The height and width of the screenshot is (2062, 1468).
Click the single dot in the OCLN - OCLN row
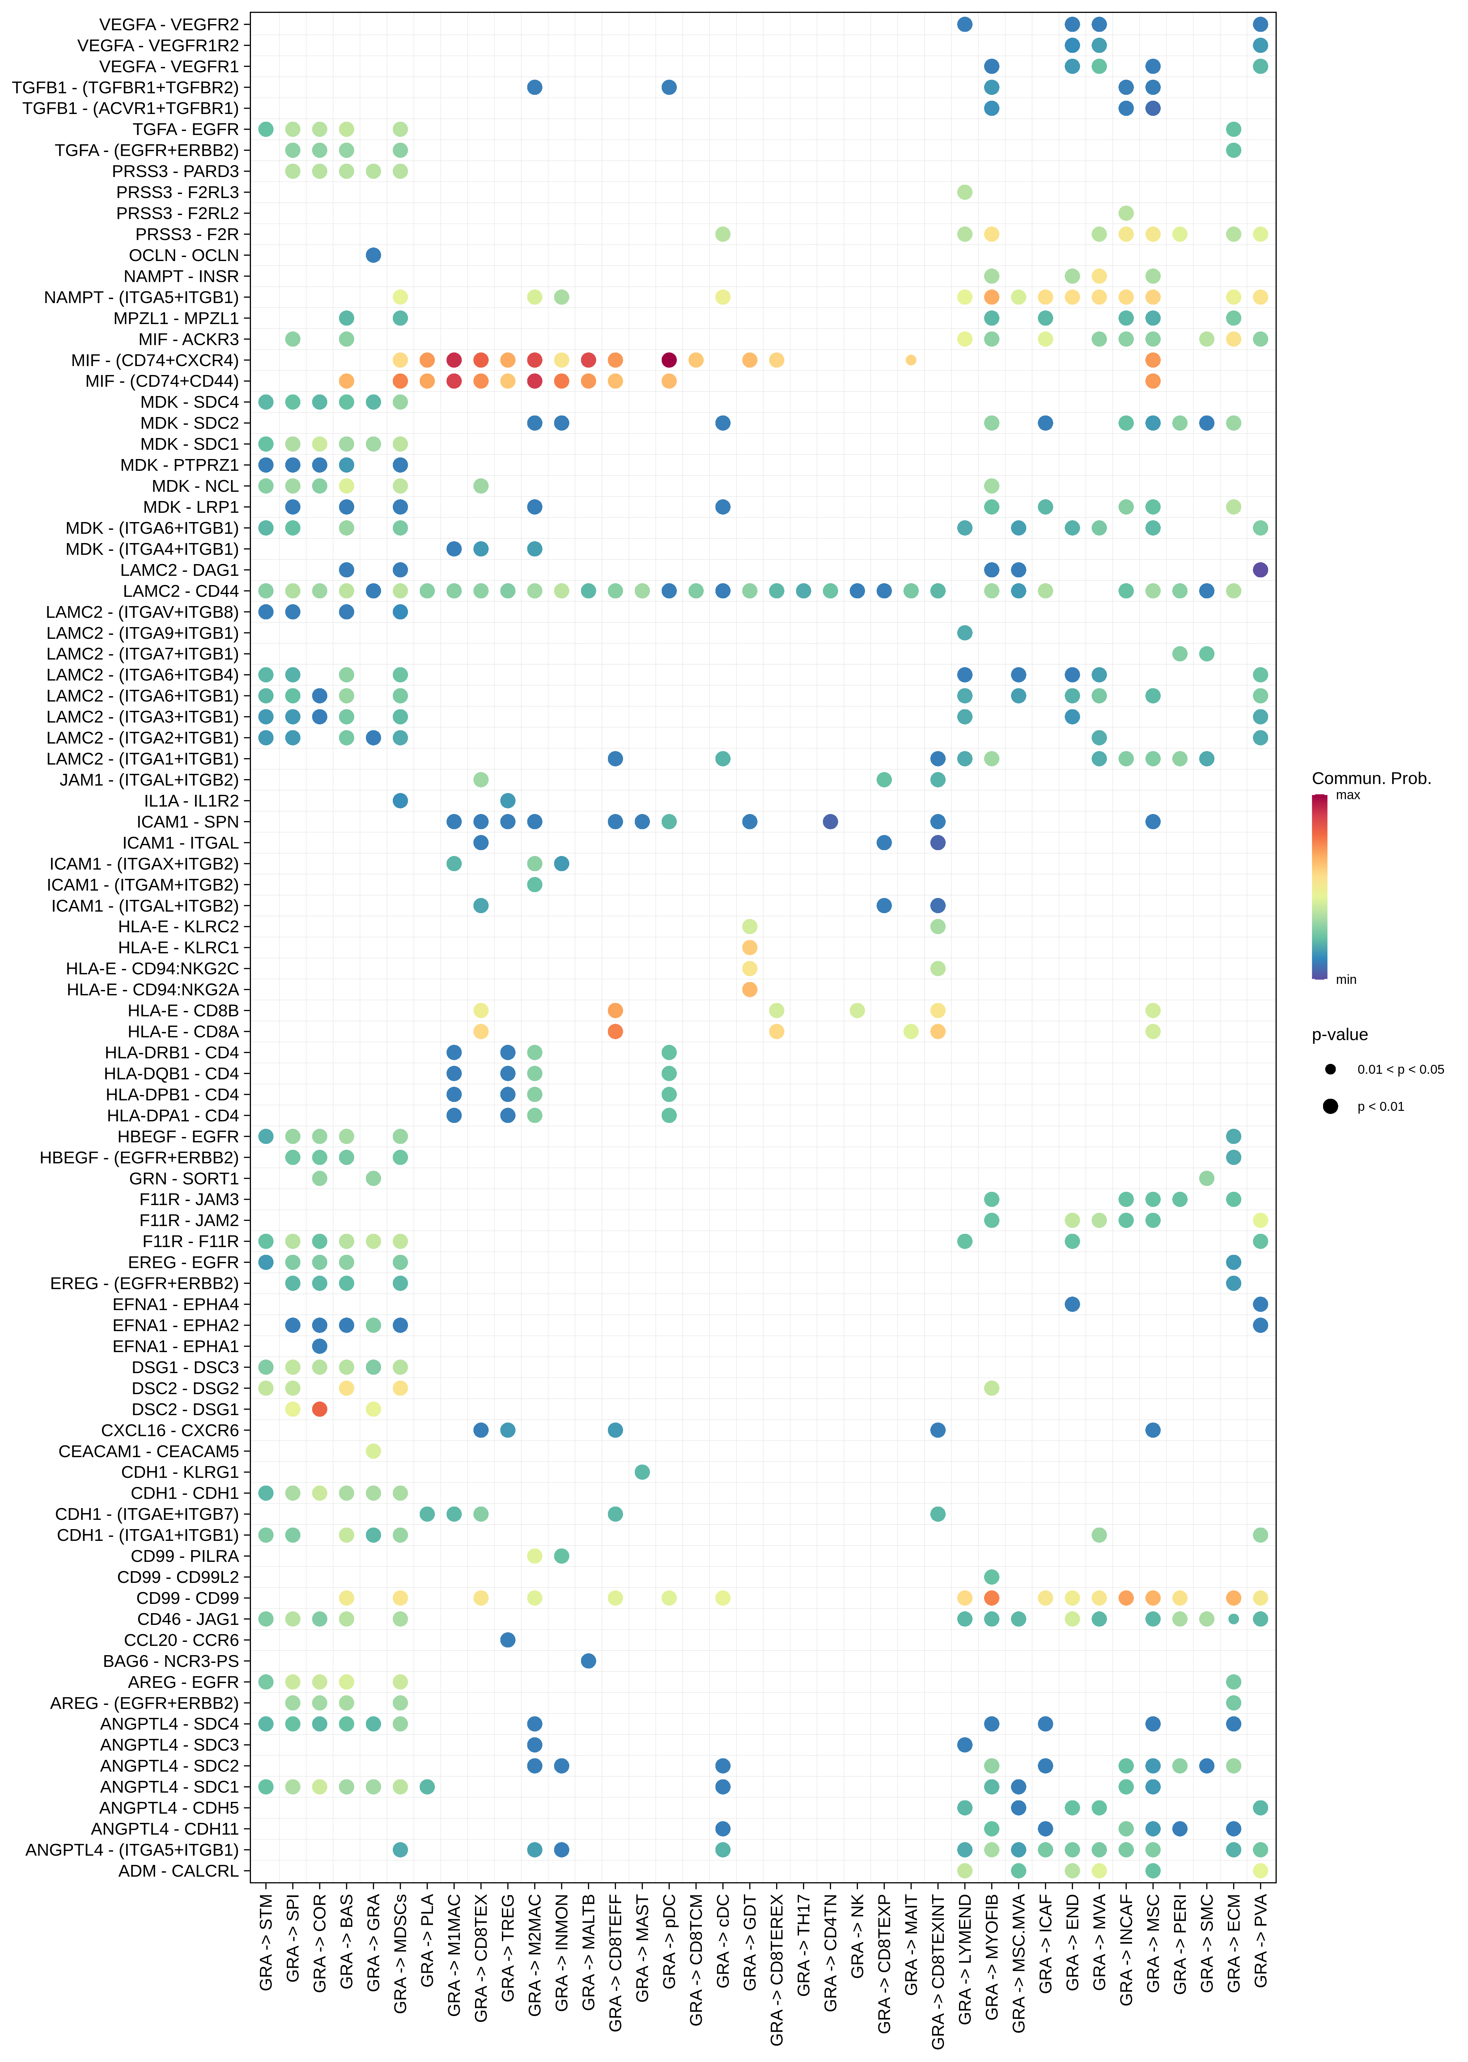373,255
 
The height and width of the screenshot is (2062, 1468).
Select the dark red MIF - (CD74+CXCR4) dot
669,360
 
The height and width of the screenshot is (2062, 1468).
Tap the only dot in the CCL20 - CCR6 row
508,1639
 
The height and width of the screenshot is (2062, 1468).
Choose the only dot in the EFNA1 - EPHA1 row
319,1345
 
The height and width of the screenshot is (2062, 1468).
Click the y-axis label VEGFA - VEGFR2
169,24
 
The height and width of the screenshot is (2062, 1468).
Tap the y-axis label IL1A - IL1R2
192,801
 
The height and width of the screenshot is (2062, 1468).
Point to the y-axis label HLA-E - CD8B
184,1010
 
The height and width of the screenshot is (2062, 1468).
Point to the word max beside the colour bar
1348,795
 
